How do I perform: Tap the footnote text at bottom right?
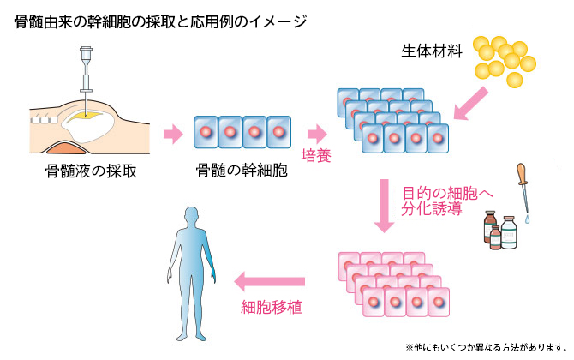point(485,347)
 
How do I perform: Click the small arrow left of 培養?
point(317,133)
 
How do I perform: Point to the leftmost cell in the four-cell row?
point(207,133)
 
